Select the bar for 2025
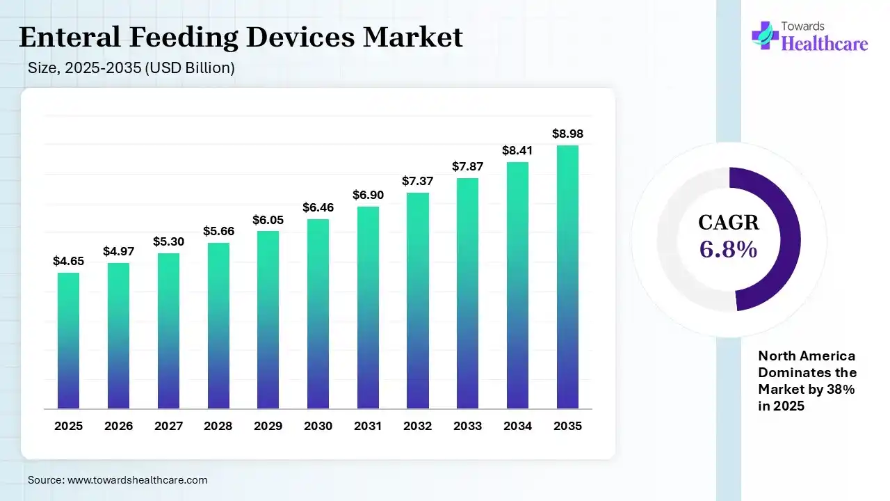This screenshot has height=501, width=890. tap(68, 340)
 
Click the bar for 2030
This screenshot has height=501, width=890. tap(318, 314)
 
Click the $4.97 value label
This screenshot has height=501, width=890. tap(118, 250)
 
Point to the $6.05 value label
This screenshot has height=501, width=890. tap(268, 219)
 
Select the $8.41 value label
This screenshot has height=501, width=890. tap(517, 150)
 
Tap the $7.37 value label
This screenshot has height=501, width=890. tap(417, 181)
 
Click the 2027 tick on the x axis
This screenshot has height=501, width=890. tap(168, 426)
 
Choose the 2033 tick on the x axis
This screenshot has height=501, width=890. tap(467, 426)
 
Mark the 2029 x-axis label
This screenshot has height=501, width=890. tap(268, 426)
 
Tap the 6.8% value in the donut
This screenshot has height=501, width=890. tap(728, 249)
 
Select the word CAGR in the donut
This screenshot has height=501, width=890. tap(728, 223)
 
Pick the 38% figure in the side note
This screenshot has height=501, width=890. tap(841, 390)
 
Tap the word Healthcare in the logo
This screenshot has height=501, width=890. tap(825, 44)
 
